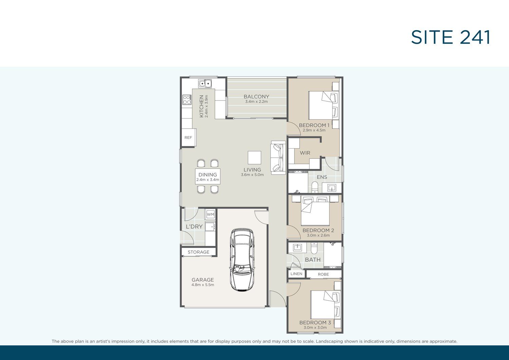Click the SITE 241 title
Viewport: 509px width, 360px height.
(x=451, y=37)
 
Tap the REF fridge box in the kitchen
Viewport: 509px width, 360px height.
(x=188, y=137)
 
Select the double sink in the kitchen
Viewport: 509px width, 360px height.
(x=205, y=83)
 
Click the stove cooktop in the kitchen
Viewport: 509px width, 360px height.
(x=187, y=99)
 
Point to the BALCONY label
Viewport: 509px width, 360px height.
(x=256, y=97)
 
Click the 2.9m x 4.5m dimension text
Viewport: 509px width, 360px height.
(x=314, y=130)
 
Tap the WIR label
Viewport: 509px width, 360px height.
(x=305, y=153)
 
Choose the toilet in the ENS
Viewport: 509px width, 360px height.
(x=315, y=187)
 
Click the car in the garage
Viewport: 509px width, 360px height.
(x=242, y=260)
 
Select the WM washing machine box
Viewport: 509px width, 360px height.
(x=210, y=214)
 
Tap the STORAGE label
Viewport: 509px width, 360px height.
(x=199, y=252)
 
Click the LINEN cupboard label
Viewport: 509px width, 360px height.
(x=296, y=273)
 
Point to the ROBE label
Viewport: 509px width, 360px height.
(x=323, y=274)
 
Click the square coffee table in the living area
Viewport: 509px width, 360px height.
(x=254, y=157)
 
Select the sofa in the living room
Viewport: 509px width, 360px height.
(x=278, y=158)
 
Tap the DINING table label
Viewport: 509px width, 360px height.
(x=208, y=174)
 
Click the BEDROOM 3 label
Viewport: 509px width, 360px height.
(x=315, y=322)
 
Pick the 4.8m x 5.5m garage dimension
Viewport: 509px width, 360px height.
(x=203, y=285)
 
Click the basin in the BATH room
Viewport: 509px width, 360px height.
(x=297, y=247)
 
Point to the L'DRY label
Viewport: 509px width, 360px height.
(x=194, y=227)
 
